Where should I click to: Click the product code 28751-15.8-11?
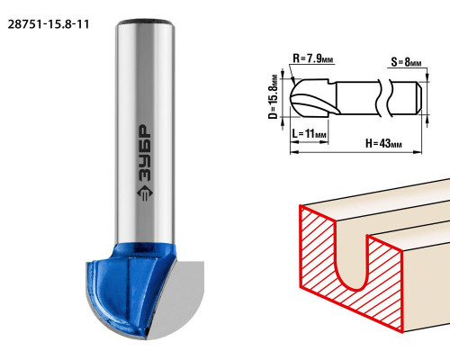[x=49, y=24]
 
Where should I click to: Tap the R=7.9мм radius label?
[x=313, y=58]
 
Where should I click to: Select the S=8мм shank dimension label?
[x=406, y=62]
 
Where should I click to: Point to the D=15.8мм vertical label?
[x=273, y=96]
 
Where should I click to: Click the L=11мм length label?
[x=310, y=133]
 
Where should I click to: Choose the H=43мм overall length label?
[x=383, y=143]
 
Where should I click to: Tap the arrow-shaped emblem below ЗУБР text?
[x=145, y=193]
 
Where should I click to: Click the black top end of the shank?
[x=145, y=22]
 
